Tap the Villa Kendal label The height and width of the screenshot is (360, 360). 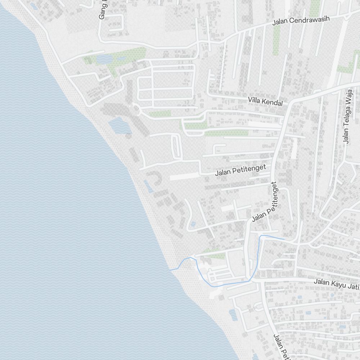[x=266, y=100]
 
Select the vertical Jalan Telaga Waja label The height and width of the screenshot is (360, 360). [x=346, y=117]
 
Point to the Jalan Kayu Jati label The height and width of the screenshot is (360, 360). [x=337, y=284]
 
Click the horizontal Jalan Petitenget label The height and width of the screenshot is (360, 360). [x=240, y=170]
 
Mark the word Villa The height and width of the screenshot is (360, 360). [x=255, y=99]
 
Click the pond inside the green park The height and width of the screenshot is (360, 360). [x=104, y=58]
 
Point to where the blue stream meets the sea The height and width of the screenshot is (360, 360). [x=170, y=270]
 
